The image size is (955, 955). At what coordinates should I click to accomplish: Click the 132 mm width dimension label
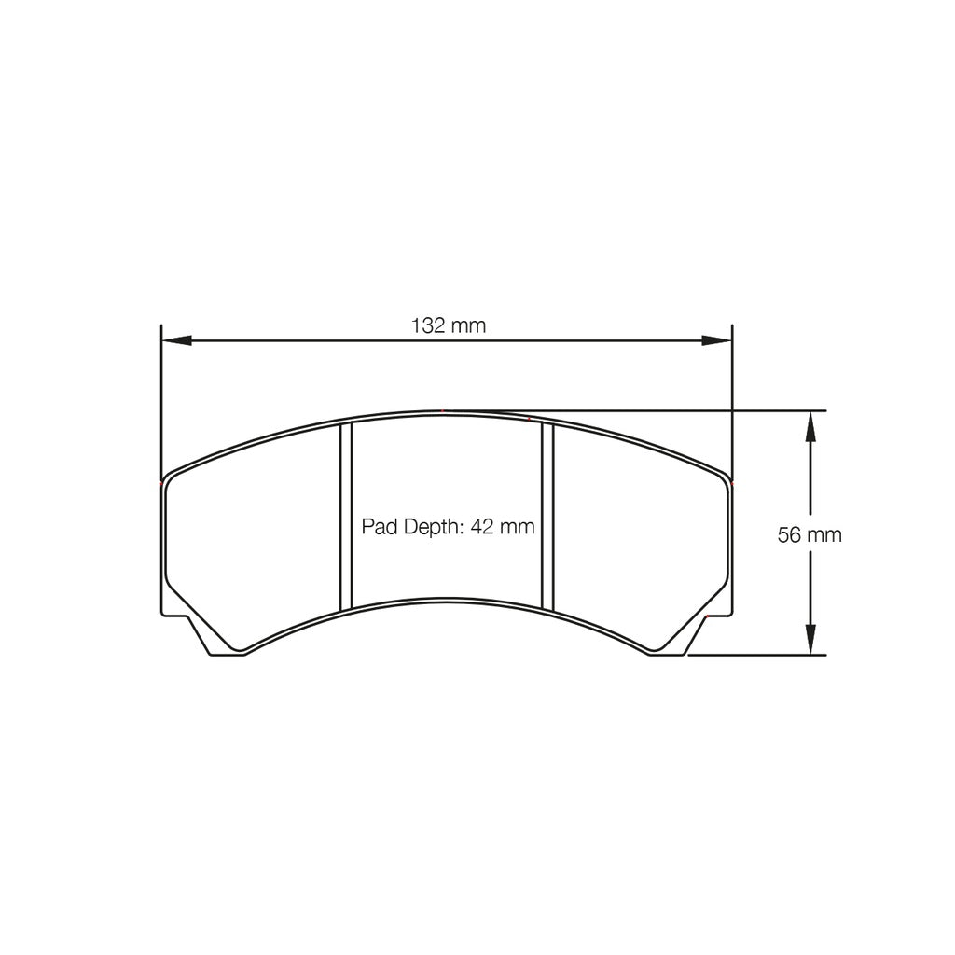449,325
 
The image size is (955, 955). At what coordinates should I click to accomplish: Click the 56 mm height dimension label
810,534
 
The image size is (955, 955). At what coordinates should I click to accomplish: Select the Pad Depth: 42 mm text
448,527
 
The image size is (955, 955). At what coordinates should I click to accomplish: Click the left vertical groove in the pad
346,516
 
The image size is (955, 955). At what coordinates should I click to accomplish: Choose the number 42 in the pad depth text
482,527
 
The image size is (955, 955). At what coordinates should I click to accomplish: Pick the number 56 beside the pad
789,534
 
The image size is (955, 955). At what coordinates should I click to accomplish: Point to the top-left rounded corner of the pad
169,481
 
